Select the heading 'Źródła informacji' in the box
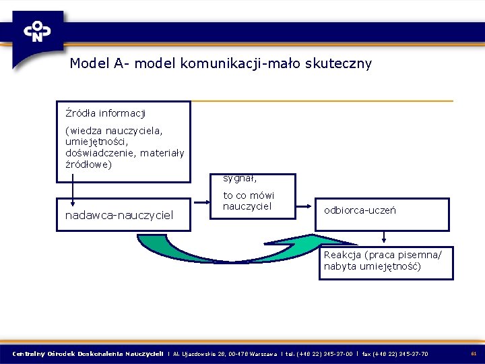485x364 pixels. (x=105, y=113)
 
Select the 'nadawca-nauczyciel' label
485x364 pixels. (x=119, y=215)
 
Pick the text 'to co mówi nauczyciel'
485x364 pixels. (x=249, y=201)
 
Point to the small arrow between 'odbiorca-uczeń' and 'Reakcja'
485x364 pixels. (x=384, y=238)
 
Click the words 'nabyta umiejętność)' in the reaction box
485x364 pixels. (x=372, y=266)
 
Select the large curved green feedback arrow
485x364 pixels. (x=222, y=260)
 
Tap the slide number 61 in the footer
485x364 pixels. (x=474, y=353)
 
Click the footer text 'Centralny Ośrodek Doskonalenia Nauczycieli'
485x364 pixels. (x=88, y=353)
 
